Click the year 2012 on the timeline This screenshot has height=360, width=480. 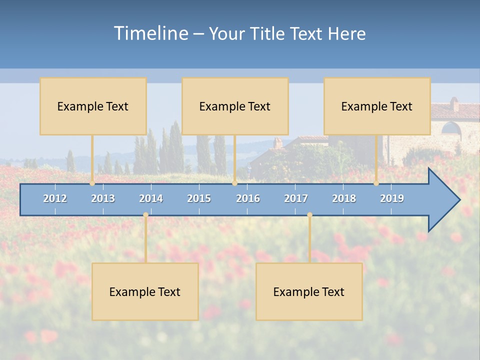pyautogui.click(x=55, y=198)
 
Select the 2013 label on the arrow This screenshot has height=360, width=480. pyautogui.click(x=103, y=198)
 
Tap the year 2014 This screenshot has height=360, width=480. pyautogui.click(x=151, y=198)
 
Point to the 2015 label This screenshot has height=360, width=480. pyautogui.click(x=199, y=198)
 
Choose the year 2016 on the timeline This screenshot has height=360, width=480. pyautogui.click(x=248, y=198)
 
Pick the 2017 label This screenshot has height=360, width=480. pyautogui.click(x=296, y=198)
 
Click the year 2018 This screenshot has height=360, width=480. pyautogui.click(x=344, y=198)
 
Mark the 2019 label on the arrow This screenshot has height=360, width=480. pyautogui.click(x=392, y=198)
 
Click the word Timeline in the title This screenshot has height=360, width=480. pyautogui.click(x=150, y=33)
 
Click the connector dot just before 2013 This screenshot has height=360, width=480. pyautogui.click(x=92, y=183)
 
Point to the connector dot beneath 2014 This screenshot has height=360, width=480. pyautogui.click(x=145, y=215)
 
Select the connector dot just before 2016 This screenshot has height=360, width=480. pyautogui.click(x=234, y=183)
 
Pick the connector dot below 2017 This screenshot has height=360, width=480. pyautogui.click(x=309, y=215)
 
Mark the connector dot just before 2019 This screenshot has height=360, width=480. pyautogui.click(x=376, y=183)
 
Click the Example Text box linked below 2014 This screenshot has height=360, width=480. pyautogui.click(x=145, y=291)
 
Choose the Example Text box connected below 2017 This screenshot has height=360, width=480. pyautogui.click(x=309, y=291)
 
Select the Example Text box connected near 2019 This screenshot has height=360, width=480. pyautogui.click(x=377, y=106)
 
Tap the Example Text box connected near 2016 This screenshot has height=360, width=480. pyautogui.click(x=235, y=106)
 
